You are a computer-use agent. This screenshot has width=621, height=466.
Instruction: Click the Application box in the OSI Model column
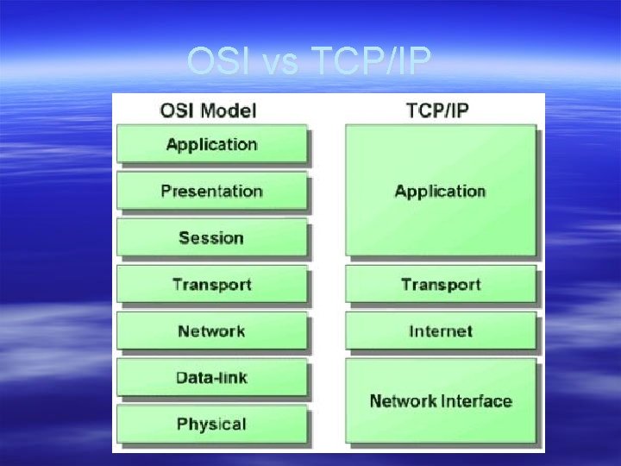pyautogui.click(x=211, y=144)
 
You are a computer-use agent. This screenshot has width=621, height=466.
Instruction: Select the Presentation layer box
pyautogui.click(x=211, y=191)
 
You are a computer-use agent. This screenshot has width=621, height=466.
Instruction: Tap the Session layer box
pyautogui.click(x=211, y=237)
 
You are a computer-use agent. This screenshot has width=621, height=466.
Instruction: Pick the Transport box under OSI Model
pyautogui.click(x=211, y=284)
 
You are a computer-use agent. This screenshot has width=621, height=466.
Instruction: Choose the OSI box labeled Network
pyautogui.click(x=211, y=331)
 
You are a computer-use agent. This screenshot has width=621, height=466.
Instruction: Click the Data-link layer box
pyautogui.click(x=211, y=377)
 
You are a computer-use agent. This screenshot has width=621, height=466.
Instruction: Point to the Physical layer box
pyautogui.click(x=211, y=424)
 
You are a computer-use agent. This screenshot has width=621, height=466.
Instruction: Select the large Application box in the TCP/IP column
pyautogui.click(x=440, y=191)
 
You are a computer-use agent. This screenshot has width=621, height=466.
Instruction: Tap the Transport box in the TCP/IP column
pyautogui.click(x=440, y=284)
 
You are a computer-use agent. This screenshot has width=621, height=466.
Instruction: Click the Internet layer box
pyautogui.click(x=440, y=331)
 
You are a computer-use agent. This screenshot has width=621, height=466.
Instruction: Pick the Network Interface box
pyautogui.click(x=440, y=400)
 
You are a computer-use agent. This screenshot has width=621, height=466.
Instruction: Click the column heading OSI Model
pyautogui.click(x=208, y=110)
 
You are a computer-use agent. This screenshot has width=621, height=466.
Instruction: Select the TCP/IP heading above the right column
pyautogui.click(x=437, y=110)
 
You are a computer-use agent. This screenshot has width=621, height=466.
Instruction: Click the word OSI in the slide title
pyautogui.click(x=216, y=62)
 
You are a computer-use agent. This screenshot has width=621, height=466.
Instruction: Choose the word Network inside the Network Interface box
pyautogui.click(x=402, y=401)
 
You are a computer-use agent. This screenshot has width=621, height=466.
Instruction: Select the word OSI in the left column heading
pyautogui.click(x=176, y=110)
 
